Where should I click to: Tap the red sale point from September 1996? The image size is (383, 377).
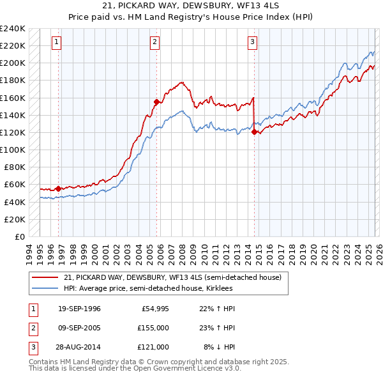point(58,188)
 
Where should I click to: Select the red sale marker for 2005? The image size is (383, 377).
point(156,102)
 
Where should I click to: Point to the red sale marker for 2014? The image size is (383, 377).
point(254,132)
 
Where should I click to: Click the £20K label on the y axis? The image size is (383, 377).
point(15,219)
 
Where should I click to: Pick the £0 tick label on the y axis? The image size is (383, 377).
point(19,236)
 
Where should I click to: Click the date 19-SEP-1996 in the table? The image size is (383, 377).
point(79,309)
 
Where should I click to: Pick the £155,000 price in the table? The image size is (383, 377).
point(153,328)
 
